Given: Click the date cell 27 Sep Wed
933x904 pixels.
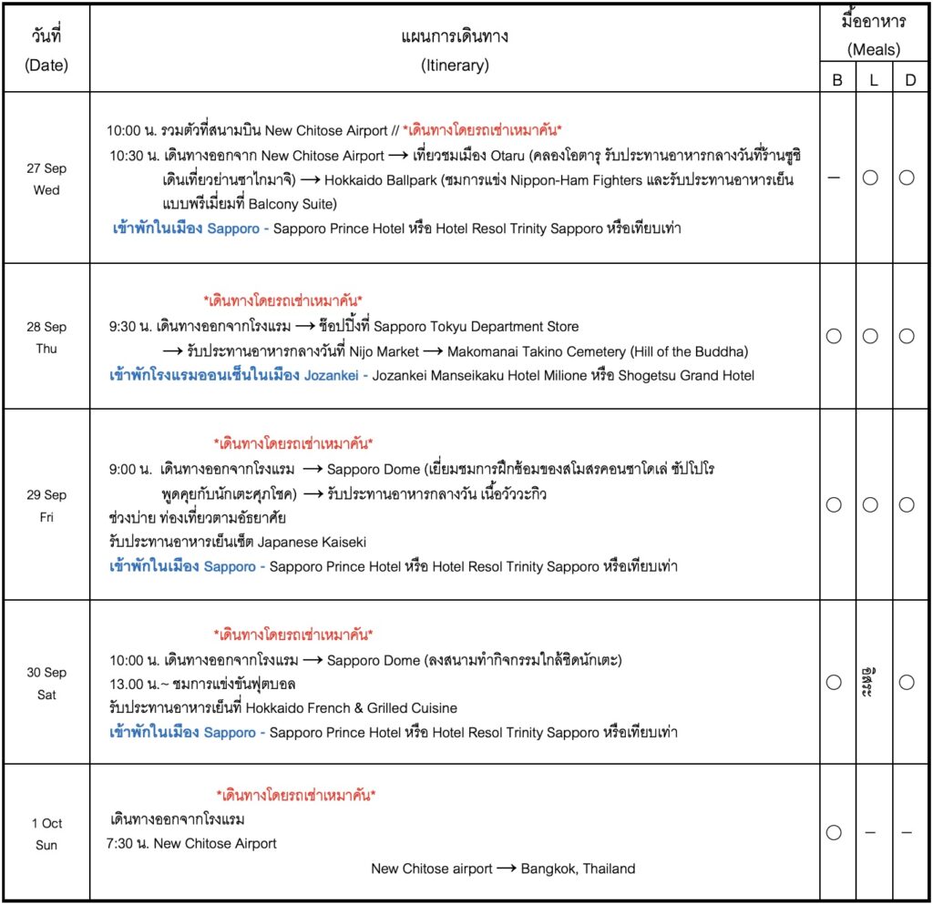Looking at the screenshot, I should point(46,178).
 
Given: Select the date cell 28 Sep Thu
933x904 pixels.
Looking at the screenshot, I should point(46,337).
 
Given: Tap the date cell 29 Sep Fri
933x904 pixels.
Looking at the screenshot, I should point(46,505).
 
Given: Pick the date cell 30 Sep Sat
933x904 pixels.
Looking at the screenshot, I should point(46,683).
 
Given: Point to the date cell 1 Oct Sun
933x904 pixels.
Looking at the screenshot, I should point(46,833).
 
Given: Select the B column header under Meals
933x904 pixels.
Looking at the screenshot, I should point(836,80).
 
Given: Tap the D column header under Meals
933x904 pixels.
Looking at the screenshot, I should point(909,80).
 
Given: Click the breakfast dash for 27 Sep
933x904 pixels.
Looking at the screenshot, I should point(834,178).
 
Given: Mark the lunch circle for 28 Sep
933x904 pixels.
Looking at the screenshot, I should point(870,336).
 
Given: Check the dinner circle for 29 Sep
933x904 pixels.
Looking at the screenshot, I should point(907,504).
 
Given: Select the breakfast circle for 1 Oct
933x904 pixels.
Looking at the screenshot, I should point(834,832).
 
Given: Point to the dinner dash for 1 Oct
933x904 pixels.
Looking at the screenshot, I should point(907,832).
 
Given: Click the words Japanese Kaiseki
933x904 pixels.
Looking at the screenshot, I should point(313,542).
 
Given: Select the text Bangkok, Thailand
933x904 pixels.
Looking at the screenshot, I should point(578,868).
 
